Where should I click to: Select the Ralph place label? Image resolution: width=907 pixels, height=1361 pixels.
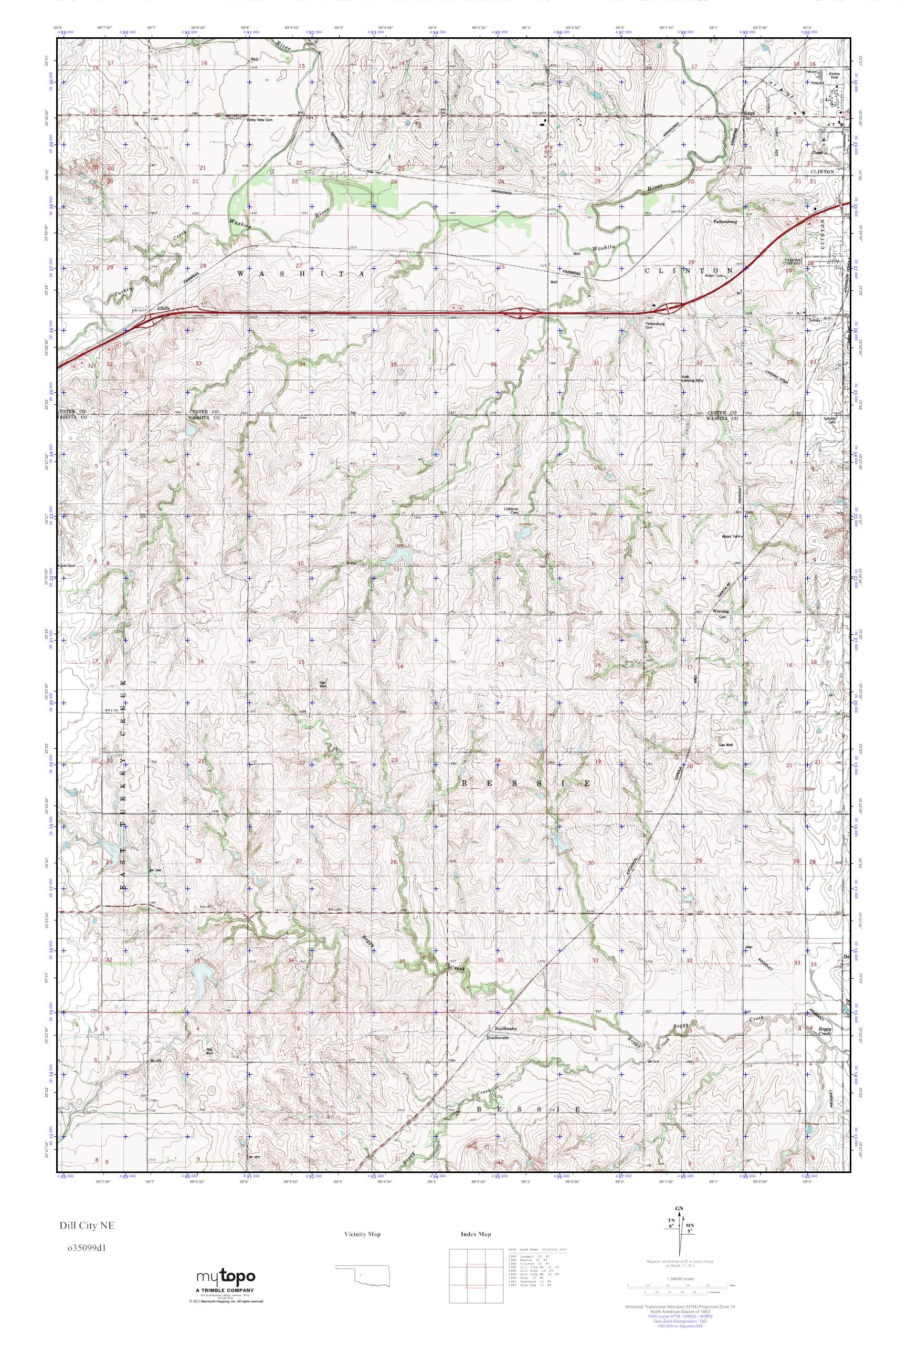750,114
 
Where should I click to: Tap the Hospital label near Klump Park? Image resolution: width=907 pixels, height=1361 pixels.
817,83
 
